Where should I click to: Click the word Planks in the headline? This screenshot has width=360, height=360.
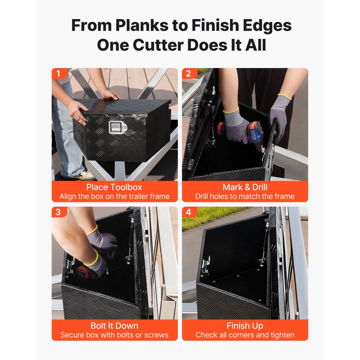pyautogui.click(x=142, y=25)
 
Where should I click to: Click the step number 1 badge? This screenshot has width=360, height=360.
pyautogui.click(x=58, y=73)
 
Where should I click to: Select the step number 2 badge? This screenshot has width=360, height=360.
pyautogui.click(x=189, y=73)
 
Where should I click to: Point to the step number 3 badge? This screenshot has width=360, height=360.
pyautogui.click(x=58, y=212)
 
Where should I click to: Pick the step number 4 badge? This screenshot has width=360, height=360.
pyautogui.click(x=189, y=212)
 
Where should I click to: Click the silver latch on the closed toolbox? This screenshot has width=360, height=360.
pyautogui.click(x=117, y=127)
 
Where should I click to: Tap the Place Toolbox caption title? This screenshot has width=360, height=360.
pyautogui.click(x=114, y=187)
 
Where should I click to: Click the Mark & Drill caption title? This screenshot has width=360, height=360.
pyautogui.click(x=245, y=187)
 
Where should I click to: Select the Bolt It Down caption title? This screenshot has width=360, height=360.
pyautogui.click(x=114, y=326)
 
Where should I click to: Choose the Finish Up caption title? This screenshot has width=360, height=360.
pyautogui.click(x=245, y=326)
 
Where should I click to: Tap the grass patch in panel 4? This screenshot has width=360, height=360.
pyautogui.click(x=207, y=217)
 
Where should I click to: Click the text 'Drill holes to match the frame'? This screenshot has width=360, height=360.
pyautogui.click(x=245, y=197)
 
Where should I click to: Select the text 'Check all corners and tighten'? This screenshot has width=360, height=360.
pyautogui.click(x=245, y=335)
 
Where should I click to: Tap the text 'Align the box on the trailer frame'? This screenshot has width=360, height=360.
pyautogui.click(x=114, y=197)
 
